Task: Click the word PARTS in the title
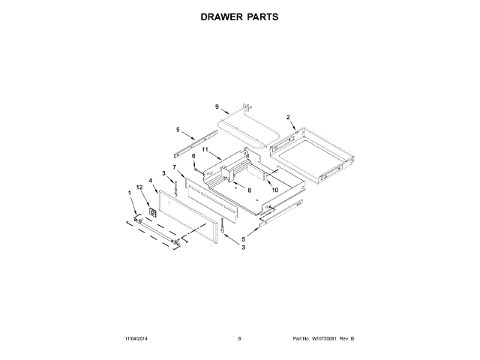(x=262, y=16)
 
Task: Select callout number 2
(x=288, y=117)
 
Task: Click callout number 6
(x=193, y=156)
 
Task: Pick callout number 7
(x=174, y=166)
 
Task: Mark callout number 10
(x=275, y=190)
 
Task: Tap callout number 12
(x=139, y=186)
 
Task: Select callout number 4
(x=151, y=180)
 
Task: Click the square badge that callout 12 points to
(x=153, y=212)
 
